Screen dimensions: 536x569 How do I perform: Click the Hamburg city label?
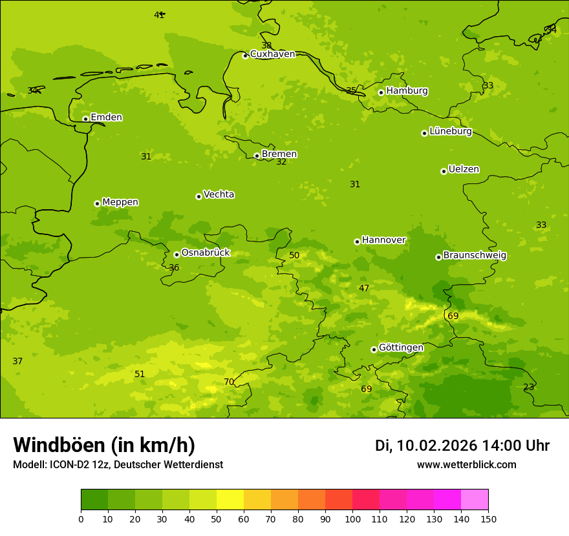[407, 91]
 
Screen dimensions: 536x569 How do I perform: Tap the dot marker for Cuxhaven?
[245, 56]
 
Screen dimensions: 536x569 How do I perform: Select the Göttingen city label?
[401, 347]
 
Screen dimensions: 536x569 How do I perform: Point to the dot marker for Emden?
[85, 119]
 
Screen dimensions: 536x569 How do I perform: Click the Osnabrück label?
[206, 253]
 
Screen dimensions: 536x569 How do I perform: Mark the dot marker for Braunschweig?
[438, 257]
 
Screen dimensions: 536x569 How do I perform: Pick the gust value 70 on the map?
[229, 382]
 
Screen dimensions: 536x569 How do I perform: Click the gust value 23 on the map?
[529, 387]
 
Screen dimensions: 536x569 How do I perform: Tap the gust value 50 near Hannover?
[294, 255]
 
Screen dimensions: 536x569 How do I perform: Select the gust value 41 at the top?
[159, 15]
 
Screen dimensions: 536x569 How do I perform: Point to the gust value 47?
[364, 288]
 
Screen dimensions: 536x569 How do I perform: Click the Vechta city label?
[219, 194]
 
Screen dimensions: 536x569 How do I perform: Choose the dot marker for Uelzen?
[444, 171]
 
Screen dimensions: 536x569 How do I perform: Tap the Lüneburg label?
[451, 131]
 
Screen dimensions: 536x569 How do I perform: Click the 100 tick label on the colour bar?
[352, 519]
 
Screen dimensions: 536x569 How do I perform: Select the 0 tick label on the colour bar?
[81, 519]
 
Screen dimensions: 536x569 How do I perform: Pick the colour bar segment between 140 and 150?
[475, 500]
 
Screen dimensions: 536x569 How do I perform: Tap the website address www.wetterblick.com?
[466, 464]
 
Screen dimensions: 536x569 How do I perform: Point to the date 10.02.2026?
[437, 446]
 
